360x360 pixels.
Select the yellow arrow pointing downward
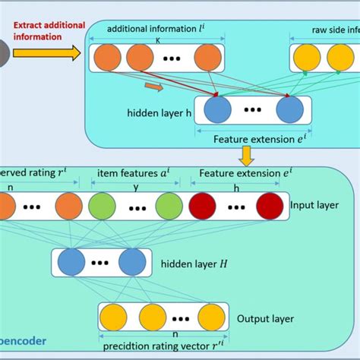pyautogui.click(x=246, y=156)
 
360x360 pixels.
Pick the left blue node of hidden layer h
pyautogui.click(x=217, y=111)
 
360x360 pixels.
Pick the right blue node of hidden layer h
pyautogui.click(x=290, y=111)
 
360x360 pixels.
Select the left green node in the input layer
pyautogui.click(x=101, y=206)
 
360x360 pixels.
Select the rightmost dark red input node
pyautogui.click(x=269, y=206)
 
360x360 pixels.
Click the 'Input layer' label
pyautogui.click(x=314, y=204)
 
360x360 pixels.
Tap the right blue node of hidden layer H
pyautogui.click(x=131, y=263)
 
